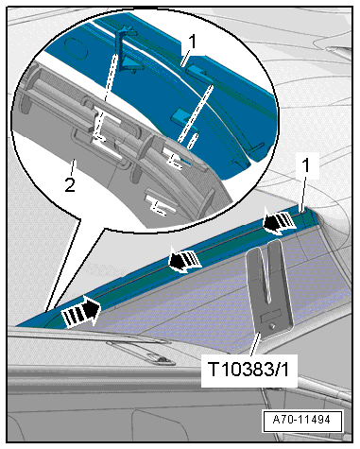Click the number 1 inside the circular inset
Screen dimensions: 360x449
point(192,42)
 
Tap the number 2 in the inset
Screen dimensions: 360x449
point(70,184)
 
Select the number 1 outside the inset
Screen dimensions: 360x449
point(306,165)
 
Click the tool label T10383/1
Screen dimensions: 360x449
point(248,369)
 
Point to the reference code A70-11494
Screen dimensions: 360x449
point(301,420)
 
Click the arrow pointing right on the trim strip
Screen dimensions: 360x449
point(81,312)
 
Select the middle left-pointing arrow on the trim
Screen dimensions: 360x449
point(185,259)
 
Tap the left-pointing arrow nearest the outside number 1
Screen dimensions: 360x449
point(279,221)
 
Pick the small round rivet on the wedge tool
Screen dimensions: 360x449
point(273,326)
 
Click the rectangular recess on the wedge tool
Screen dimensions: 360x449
point(270,316)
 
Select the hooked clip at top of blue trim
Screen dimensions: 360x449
point(127,49)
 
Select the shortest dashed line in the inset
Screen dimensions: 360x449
point(193,141)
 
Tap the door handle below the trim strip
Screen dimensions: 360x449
point(142,353)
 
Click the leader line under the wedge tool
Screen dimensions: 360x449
point(255,347)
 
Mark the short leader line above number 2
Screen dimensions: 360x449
point(74,166)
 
